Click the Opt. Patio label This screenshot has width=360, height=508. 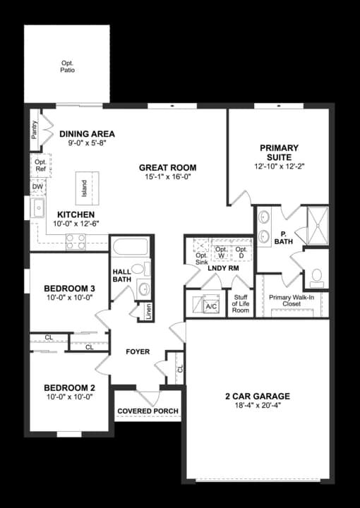tap(67, 66)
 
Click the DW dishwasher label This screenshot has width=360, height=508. tap(37, 186)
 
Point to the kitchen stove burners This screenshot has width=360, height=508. tap(76, 242)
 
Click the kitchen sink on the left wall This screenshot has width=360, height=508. tap(37, 209)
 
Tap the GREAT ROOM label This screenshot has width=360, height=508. tap(167, 168)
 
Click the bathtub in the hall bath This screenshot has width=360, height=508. tap(130, 248)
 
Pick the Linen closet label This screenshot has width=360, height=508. tap(149, 311)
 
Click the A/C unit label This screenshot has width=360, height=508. tap(210, 307)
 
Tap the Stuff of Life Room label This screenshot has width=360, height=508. tap(241, 304)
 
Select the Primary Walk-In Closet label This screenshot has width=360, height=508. tap(294, 301)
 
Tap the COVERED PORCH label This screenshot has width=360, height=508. tap(148, 411)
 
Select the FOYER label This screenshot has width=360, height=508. tap(138, 351)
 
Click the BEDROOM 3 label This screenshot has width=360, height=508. tap(69, 289)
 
